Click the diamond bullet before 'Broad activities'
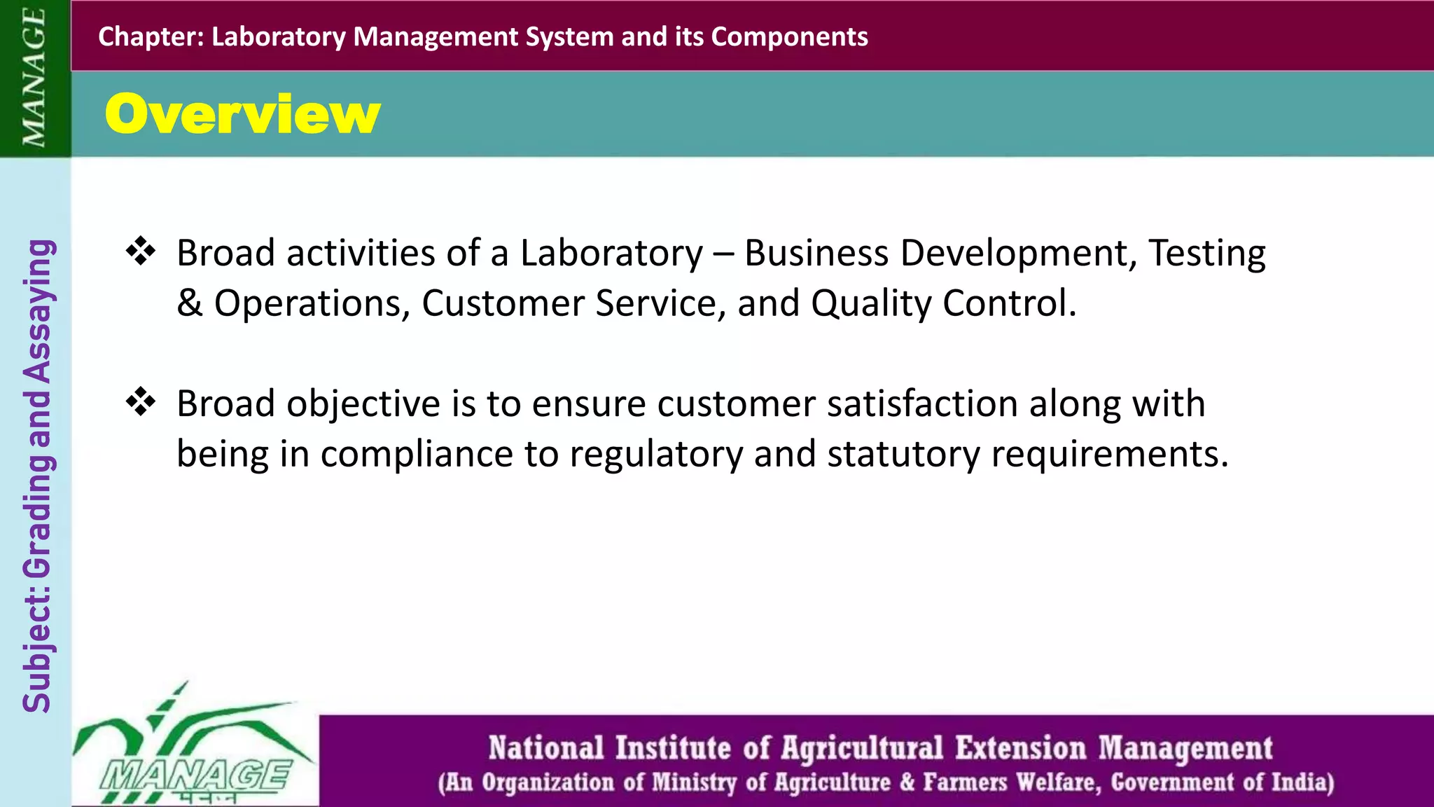click(141, 252)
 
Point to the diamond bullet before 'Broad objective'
click(141, 403)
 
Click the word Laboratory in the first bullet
click(611, 254)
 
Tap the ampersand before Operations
click(189, 303)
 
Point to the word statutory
click(903, 455)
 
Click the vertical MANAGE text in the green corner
click(34, 78)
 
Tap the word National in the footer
click(546, 748)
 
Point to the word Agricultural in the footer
click(862, 748)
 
